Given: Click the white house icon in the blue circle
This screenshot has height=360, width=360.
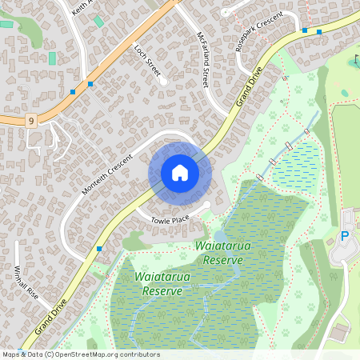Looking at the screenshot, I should click(x=180, y=173).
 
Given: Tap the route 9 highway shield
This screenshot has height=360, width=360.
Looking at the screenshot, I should click(x=30, y=121).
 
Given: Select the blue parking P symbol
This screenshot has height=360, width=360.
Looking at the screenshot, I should click(x=346, y=236).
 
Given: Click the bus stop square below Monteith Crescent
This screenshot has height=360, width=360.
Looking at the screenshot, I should click(x=99, y=249).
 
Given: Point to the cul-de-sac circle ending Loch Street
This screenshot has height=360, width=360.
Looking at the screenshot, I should click(x=163, y=81).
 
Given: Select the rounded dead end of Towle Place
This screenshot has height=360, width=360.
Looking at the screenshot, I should click(x=207, y=206).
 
